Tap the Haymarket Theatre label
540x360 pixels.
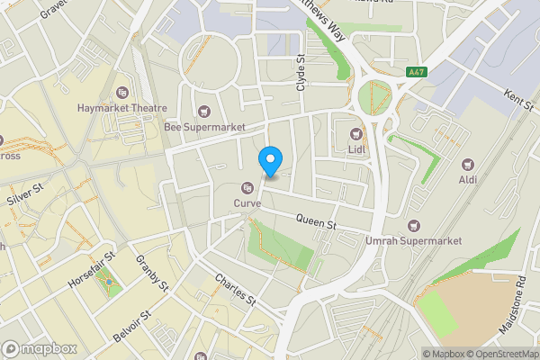click(x=123, y=108)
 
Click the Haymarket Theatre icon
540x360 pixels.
click(x=123, y=92)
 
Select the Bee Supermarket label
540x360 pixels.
click(x=205, y=128)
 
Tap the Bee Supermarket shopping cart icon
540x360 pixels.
click(x=205, y=112)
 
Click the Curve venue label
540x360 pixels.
click(x=247, y=203)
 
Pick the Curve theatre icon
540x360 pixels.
click(x=247, y=187)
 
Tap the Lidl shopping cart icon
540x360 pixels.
click(x=355, y=134)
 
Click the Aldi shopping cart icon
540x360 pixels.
click(x=468, y=165)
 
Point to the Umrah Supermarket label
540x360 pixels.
click(x=413, y=241)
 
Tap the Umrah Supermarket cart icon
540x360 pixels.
click(x=413, y=225)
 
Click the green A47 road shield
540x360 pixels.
click(x=416, y=72)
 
